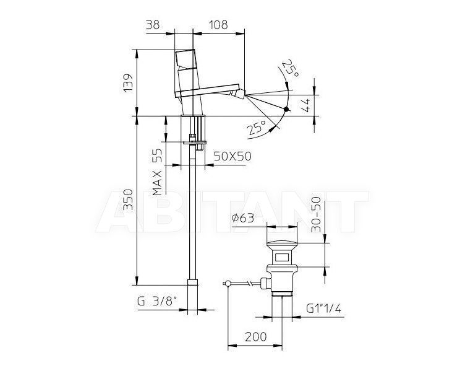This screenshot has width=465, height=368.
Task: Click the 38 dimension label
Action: tap(153, 25)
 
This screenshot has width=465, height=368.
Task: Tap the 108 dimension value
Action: tap(218, 25)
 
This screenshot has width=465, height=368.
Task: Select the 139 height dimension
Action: tap(129, 83)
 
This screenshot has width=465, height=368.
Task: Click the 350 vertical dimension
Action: tap(129, 199)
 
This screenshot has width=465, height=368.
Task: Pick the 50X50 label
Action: tap(232, 156)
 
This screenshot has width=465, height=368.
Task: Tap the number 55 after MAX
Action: tap(158, 156)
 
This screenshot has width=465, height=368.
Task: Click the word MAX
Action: tap(158, 183)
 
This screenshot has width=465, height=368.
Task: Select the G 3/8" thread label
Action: tap(157, 302)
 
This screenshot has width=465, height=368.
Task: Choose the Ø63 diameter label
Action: tap(242, 218)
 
